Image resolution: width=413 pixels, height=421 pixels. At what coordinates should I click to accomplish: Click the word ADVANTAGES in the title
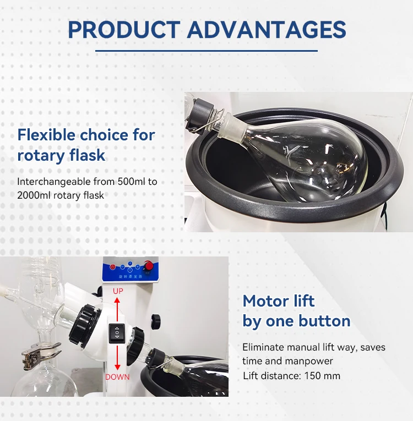(267, 30)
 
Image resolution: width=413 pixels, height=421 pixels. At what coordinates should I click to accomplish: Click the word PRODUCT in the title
(124, 30)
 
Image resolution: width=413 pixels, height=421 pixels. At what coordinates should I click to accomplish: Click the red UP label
(118, 291)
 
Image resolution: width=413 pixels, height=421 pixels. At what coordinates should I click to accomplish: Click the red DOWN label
(117, 377)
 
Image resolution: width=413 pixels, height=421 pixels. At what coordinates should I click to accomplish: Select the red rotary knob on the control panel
(149, 266)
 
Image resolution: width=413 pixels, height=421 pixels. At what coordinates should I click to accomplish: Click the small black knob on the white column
(156, 319)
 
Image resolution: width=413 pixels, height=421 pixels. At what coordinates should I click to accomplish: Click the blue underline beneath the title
(206, 51)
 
